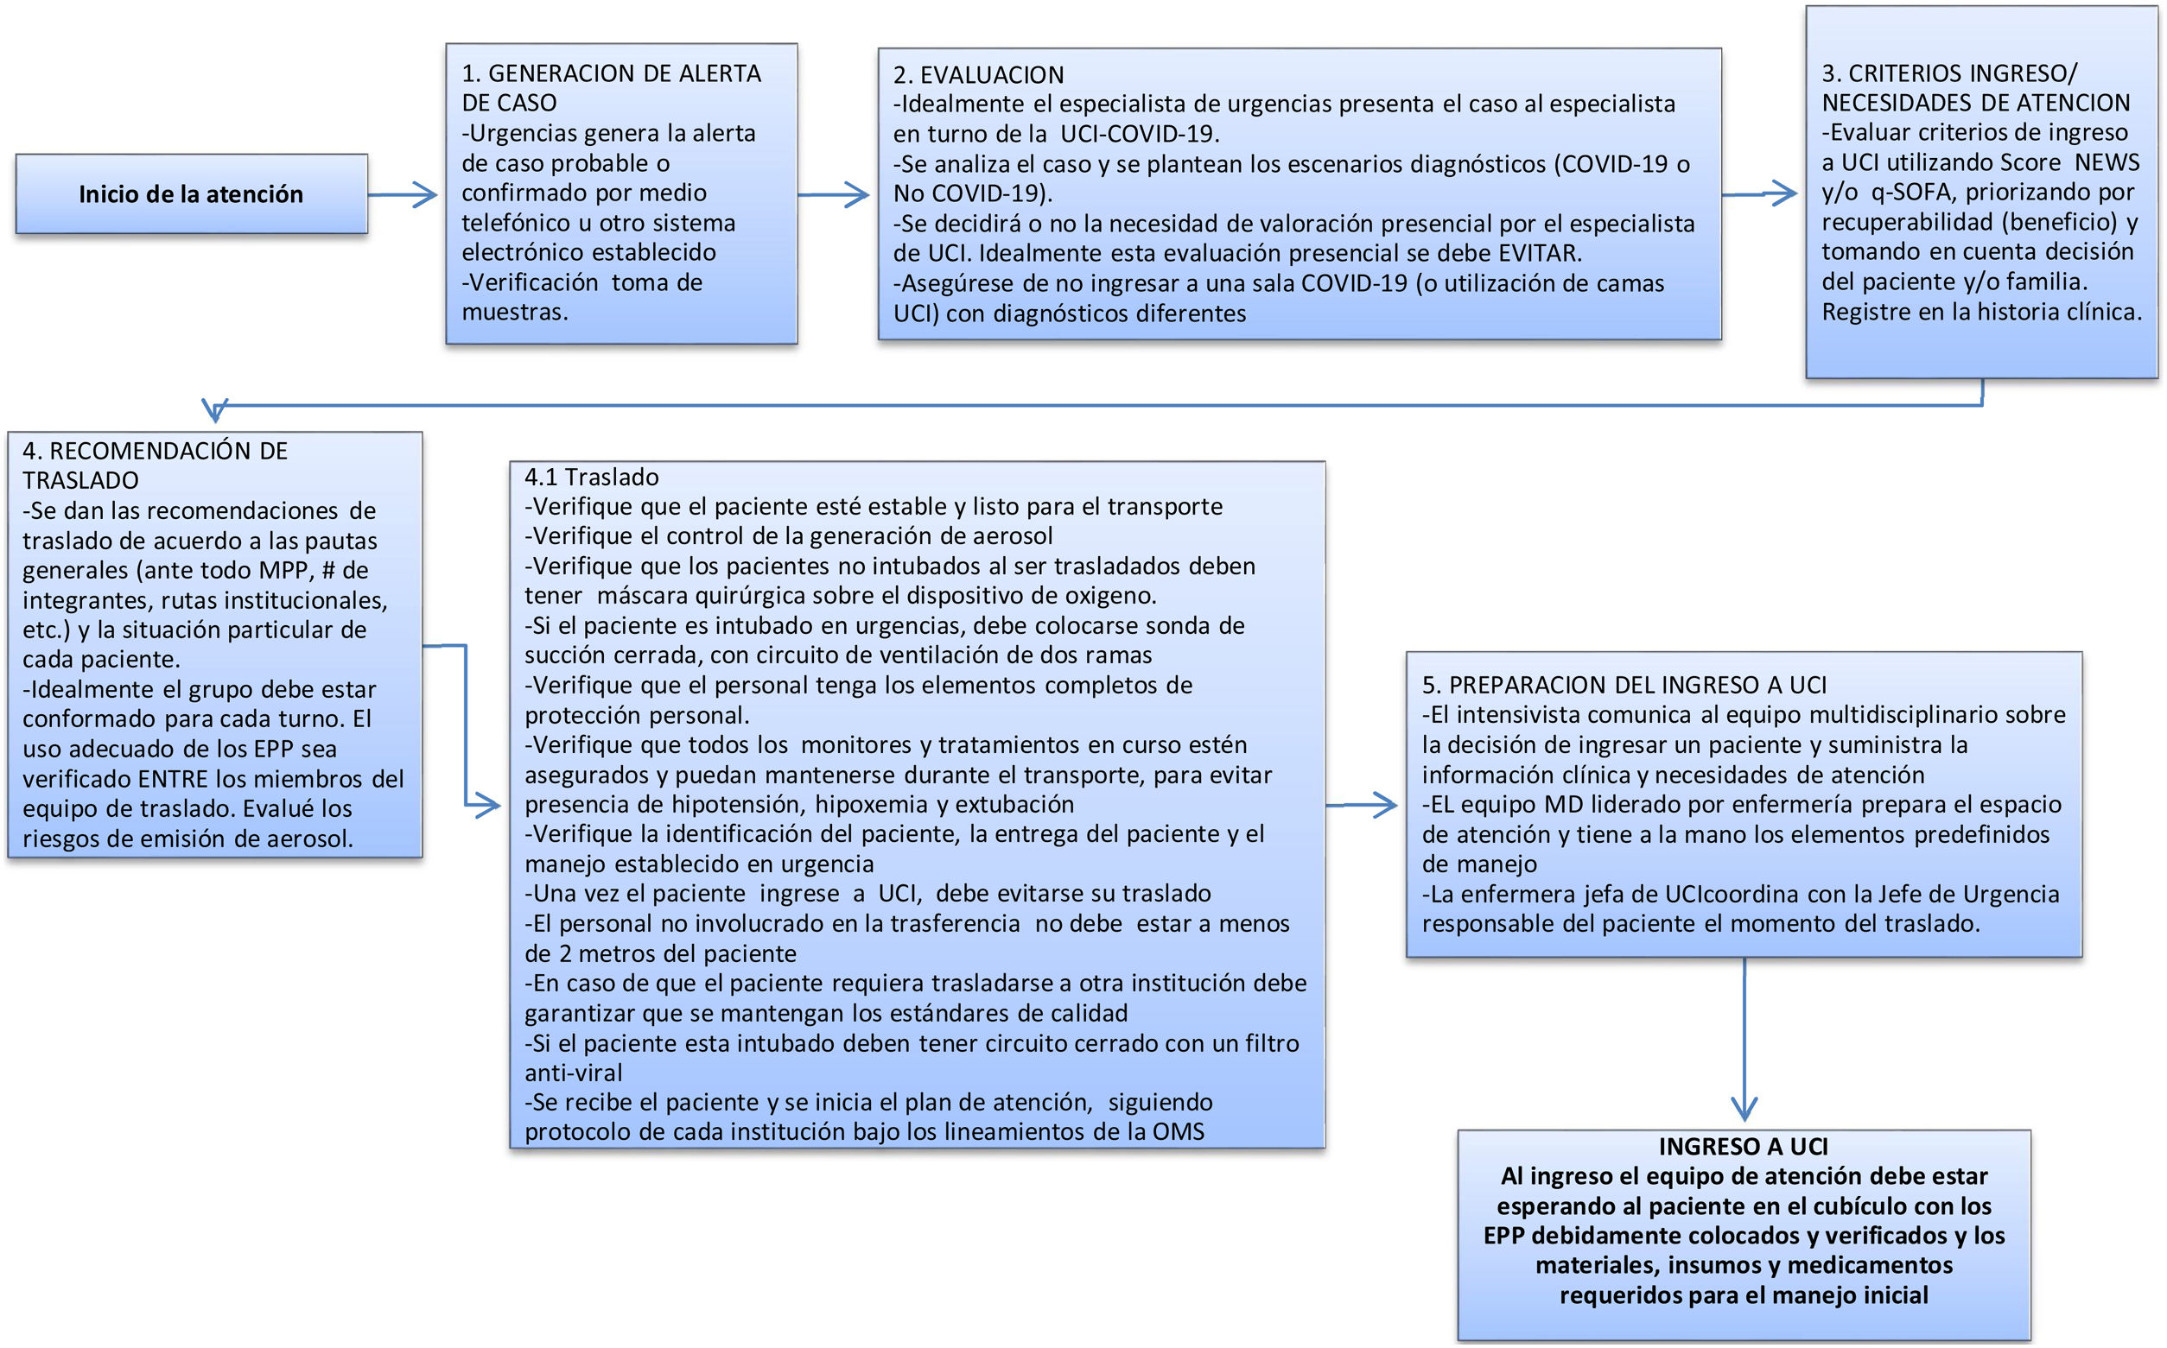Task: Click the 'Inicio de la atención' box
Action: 191,194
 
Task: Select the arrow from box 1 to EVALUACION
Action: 833,194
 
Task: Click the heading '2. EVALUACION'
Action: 978,75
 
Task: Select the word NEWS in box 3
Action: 2107,162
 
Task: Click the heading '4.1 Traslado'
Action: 591,477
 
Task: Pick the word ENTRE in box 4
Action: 173,778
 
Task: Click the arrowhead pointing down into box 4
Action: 215,410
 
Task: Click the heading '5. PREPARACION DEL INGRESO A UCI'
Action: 1624,685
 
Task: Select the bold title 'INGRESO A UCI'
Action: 1743,1147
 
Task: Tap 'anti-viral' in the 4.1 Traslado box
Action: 574,1073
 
